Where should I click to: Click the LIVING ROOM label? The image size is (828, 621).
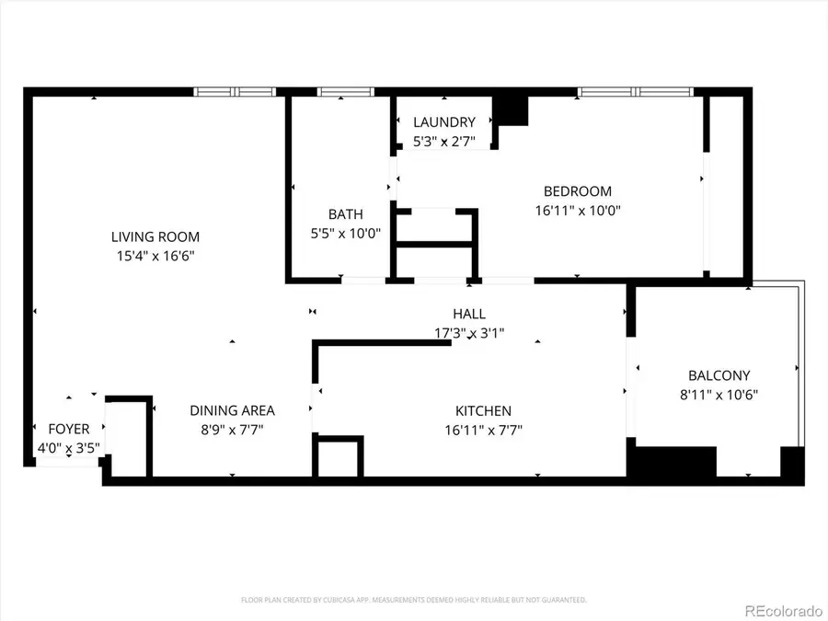(x=155, y=237)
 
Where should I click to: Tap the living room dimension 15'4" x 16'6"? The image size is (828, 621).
(x=155, y=256)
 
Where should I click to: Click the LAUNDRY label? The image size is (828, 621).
(x=444, y=122)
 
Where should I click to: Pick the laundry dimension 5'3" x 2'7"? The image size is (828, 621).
(x=444, y=141)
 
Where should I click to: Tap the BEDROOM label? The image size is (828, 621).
(x=577, y=191)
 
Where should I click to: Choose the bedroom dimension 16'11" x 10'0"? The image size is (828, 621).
(x=577, y=210)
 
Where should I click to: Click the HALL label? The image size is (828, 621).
(x=469, y=314)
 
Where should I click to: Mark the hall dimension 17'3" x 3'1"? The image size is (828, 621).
(x=469, y=332)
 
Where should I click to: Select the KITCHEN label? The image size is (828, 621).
(x=483, y=411)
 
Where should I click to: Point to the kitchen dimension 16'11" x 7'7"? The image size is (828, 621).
(x=483, y=430)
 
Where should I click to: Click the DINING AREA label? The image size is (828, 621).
(x=232, y=411)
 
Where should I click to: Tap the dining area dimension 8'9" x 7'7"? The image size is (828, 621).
(x=232, y=430)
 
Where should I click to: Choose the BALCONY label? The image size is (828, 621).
(x=719, y=375)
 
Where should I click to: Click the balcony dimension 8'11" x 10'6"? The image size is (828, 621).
(x=719, y=394)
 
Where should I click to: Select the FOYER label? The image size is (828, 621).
(x=69, y=430)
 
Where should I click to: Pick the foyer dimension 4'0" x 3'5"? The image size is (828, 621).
(x=69, y=448)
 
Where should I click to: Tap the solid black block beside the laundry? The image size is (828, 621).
(x=512, y=109)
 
